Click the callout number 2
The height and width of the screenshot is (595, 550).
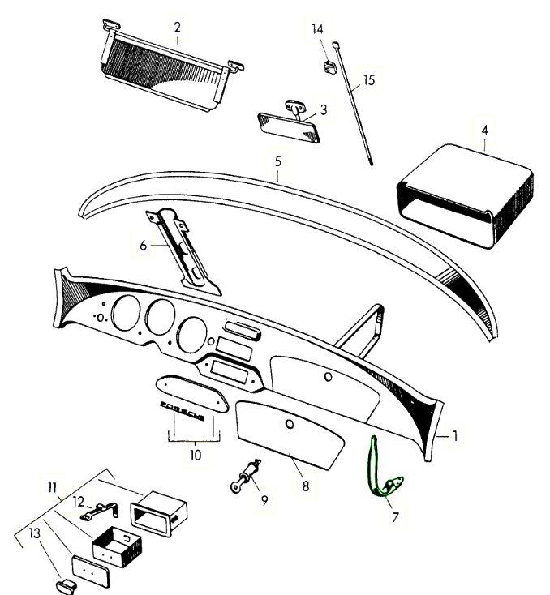pyautogui.click(x=177, y=28)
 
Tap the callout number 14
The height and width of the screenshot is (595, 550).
pyautogui.click(x=317, y=29)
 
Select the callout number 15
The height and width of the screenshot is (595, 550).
pyautogui.click(x=369, y=80)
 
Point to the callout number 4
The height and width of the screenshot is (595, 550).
pyautogui.click(x=484, y=131)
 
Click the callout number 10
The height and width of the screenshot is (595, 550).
pyautogui.click(x=196, y=455)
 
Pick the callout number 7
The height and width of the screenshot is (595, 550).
pyautogui.click(x=395, y=517)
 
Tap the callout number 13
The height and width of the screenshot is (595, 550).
pyautogui.click(x=34, y=533)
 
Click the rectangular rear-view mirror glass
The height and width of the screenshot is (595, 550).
pyautogui.click(x=289, y=127)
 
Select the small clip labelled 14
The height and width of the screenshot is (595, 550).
pyautogui.click(x=329, y=66)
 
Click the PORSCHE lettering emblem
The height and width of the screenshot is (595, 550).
pyautogui.click(x=183, y=410)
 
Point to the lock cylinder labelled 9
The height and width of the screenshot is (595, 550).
pyautogui.click(x=245, y=476)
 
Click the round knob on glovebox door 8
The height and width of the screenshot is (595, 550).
pyautogui.click(x=290, y=424)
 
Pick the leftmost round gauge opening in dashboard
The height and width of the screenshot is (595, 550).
pyautogui.click(x=126, y=313)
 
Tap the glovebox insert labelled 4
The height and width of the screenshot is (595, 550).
pyautogui.click(x=465, y=196)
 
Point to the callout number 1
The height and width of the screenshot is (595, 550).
pyautogui.click(x=454, y=436)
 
